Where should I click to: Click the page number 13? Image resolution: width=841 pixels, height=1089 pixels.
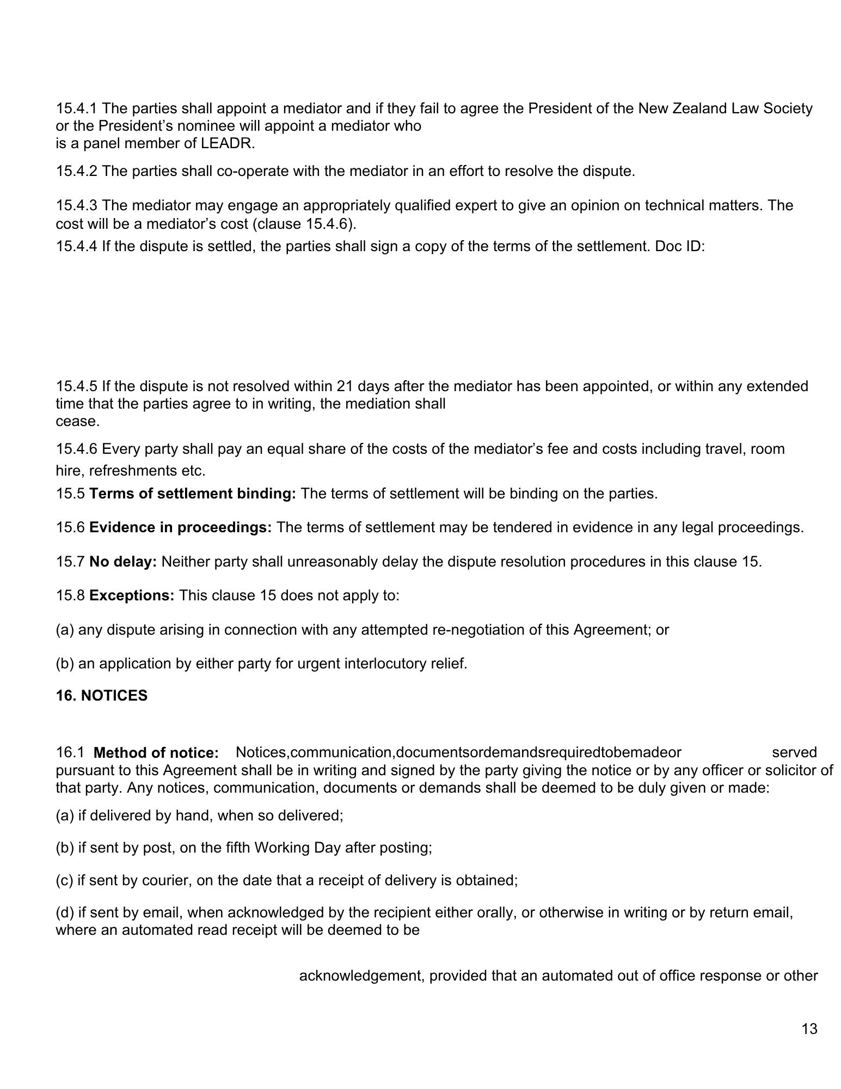tap(809, 1029)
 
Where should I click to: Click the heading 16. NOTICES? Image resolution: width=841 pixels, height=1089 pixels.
tap(102, 696)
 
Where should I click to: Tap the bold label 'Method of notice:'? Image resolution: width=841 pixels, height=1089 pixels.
tap(156, 753)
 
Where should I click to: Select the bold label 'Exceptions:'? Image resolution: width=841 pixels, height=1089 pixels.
tap(132, 595)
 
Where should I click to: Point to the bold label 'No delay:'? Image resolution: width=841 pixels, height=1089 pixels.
tap(123, 562)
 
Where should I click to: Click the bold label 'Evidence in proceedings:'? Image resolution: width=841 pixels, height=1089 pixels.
tap(180, 527)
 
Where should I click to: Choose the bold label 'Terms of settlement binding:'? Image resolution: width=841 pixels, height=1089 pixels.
tap(192, 494)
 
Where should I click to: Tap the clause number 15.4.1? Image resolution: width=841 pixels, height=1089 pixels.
tap(77, 108)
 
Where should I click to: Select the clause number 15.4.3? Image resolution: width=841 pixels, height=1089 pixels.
tap(77, 205)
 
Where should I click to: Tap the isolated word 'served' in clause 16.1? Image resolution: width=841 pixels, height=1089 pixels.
tap(794, 752)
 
